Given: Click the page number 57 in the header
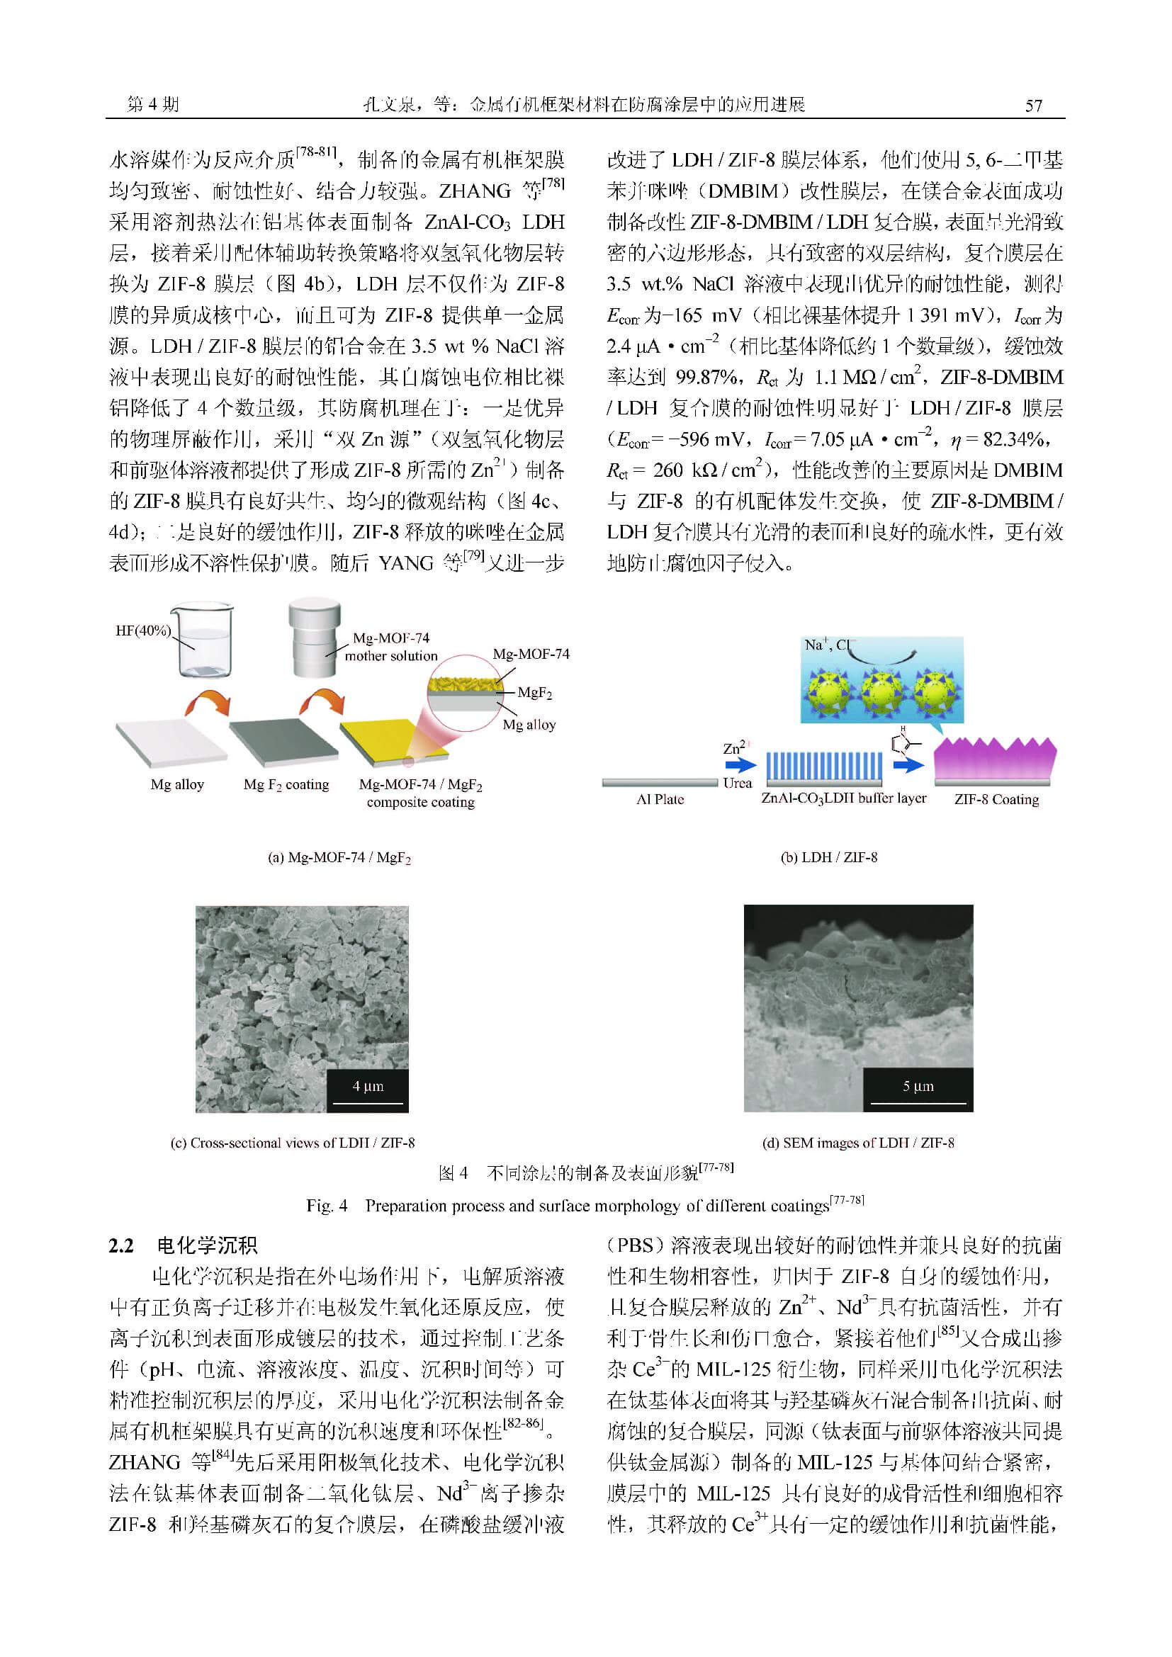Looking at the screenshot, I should [x=1033, y=106].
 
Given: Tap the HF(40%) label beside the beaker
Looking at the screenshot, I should [x=143, y=630].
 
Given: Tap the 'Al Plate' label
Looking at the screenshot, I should [x=660, y=800].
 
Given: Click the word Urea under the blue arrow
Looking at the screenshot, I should [x=737, y=783].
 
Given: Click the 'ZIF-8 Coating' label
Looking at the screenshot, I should [x=996, y=800].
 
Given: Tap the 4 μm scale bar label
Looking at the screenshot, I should [x=367, y=1086].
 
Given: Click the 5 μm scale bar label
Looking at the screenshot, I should [x=918, y=1086].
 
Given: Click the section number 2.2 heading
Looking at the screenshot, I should [x=121, y=1245].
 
